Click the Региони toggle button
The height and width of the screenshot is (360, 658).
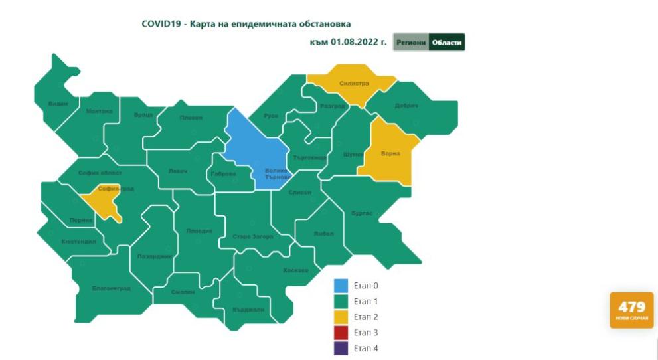pos(410,43)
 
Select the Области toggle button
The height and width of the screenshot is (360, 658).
pos(447,43)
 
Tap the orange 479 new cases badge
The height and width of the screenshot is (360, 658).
pos(631,310)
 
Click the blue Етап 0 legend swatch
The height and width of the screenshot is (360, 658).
pos(341,286)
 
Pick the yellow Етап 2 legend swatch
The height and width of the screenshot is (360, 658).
pos(341,317)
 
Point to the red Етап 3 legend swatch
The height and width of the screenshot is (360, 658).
pos(341,333)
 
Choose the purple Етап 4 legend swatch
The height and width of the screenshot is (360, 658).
pos(341,348)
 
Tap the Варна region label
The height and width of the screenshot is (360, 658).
pos(390,154)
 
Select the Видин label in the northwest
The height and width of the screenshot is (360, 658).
pos(58,104)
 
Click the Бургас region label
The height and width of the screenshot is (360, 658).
pos(363,213)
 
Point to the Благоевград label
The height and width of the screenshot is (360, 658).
pos(112,288)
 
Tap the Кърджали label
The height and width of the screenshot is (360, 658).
pos(248,309)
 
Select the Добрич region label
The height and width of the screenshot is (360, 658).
pos(406,106)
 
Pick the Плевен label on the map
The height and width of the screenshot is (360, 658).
pos(191,118)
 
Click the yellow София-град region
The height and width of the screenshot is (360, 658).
pos(105,199)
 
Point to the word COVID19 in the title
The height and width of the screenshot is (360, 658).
pos(162,24)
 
